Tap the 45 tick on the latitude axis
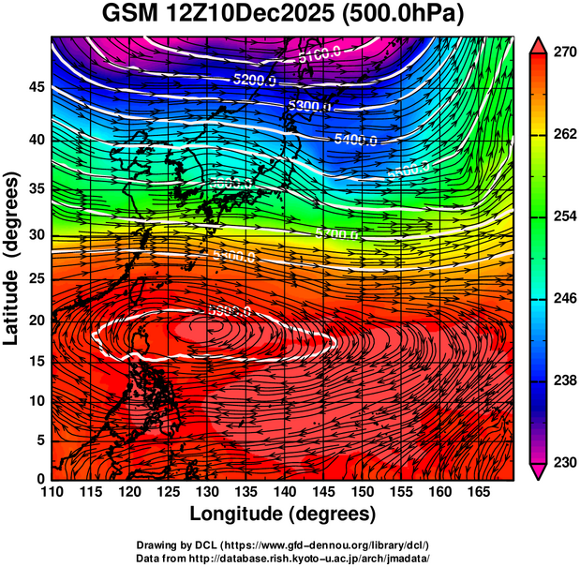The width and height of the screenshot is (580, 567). coord(37,86)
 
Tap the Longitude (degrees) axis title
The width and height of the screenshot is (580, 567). coord(283,514)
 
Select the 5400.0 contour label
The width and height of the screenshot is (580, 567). coord(356,140)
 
